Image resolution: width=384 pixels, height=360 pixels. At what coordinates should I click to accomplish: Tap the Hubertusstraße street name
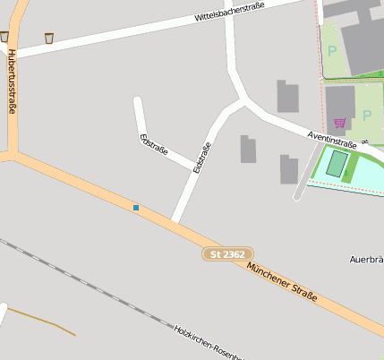click(x=12, y=81)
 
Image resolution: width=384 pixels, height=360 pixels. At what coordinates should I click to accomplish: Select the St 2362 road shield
click(x=226, y=255)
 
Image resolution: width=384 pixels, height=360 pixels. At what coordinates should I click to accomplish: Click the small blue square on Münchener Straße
click(x=136, y=208)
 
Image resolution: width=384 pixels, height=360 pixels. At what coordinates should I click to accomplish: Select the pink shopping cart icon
click(x=339, y=123)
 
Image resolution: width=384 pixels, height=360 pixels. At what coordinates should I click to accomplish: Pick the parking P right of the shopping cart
click(x=367, y=115)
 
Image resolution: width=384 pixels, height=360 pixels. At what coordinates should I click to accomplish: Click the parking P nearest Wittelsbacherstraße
click(x=332, y=51)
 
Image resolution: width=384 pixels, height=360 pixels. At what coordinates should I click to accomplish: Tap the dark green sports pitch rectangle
click(x=337, y=163)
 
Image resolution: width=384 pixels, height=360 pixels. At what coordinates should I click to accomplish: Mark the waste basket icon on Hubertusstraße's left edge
click(x=4, y=37)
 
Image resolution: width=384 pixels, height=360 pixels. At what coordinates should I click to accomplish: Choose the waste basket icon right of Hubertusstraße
click(x=49, y=38)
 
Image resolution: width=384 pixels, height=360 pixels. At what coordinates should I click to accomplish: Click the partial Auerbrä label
click(x=366, y=260)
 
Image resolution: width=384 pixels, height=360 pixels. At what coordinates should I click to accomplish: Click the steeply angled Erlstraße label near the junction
click(x=202, y=157)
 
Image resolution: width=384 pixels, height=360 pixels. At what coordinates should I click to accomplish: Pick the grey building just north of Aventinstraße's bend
click(x=287, y=97)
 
